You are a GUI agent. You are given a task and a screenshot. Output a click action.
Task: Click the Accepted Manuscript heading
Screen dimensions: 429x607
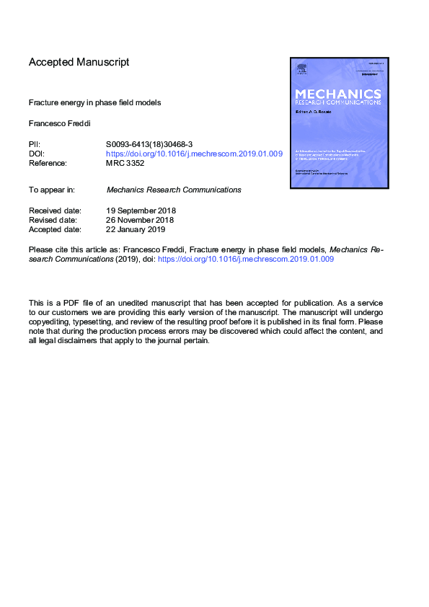79,62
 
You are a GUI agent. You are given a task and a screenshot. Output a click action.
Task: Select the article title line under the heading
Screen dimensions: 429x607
94,102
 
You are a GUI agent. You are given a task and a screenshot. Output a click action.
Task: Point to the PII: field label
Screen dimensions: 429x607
35,144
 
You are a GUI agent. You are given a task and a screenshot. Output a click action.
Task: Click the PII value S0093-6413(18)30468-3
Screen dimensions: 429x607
149,144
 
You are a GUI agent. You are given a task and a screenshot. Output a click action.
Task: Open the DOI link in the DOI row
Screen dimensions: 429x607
194,154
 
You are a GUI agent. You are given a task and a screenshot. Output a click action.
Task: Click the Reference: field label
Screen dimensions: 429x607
48,163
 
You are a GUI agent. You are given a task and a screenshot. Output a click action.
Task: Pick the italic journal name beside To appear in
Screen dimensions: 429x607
174,190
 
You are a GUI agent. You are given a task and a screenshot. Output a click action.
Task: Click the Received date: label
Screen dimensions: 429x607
55,211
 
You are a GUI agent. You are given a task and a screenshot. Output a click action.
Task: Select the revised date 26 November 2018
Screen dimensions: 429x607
140,220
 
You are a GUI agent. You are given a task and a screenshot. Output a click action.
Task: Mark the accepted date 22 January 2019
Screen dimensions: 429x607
136,229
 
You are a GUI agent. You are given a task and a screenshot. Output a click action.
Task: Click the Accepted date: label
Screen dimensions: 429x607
55,229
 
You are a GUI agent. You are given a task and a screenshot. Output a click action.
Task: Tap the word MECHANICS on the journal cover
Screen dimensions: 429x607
338,94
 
